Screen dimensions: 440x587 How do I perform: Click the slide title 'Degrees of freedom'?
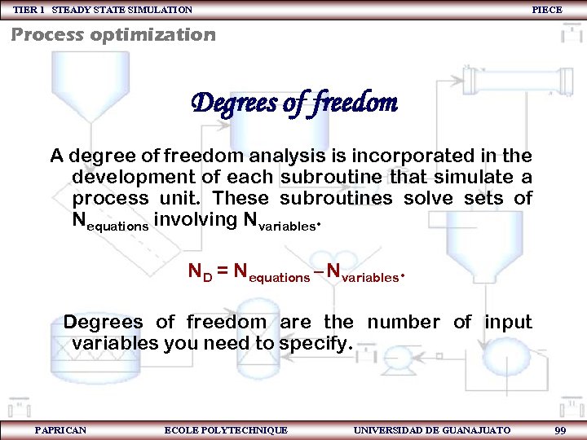[x=293, y=103]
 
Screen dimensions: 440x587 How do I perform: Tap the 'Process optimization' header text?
[x=113, y=35]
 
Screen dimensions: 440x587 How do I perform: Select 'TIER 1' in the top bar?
[x=29, y=10]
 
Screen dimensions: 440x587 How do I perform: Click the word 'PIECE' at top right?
[x=546, y=10]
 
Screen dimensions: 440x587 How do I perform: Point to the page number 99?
[x=559, y=429]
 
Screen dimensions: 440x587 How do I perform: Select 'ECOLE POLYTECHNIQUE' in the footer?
[x=226, y=429]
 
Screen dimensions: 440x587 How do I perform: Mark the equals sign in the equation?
[x=222, y=271]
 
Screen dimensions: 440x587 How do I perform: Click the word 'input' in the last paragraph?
[x=508, y=322]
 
